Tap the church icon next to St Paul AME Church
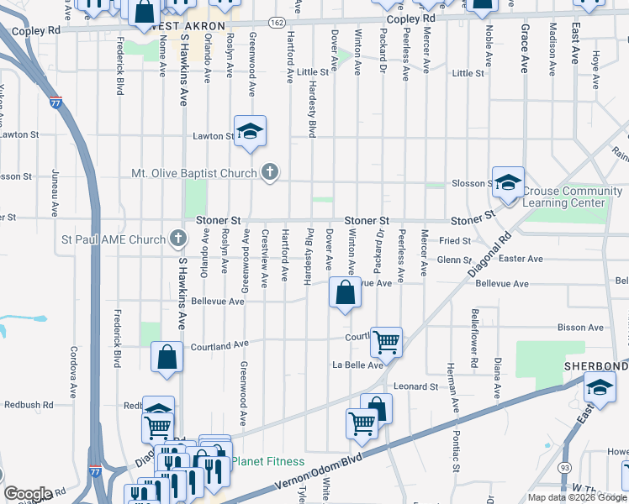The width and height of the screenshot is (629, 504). tap(177, 239)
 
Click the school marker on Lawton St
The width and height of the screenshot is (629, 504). tap(250, 132)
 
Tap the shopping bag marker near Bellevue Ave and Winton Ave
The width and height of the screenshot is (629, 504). tap(345, 293)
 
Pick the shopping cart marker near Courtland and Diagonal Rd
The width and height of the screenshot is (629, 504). tap(386, 341)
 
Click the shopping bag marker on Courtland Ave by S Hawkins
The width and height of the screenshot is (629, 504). tap(167, 357)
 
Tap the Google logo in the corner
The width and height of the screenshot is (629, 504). tap(27, 494)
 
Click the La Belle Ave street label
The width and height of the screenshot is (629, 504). tap(357, 365)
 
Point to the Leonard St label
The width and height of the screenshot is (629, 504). tap(416, 386)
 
